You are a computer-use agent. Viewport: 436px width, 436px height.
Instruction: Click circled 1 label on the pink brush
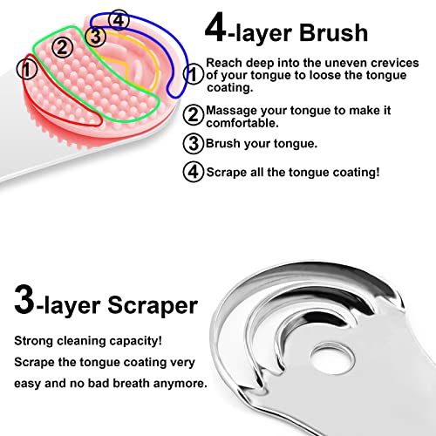[x=28, y=65]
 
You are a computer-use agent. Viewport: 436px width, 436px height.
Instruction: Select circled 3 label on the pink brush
[x=97, y=36]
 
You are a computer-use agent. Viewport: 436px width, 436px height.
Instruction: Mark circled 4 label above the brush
[x=119, y=19]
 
